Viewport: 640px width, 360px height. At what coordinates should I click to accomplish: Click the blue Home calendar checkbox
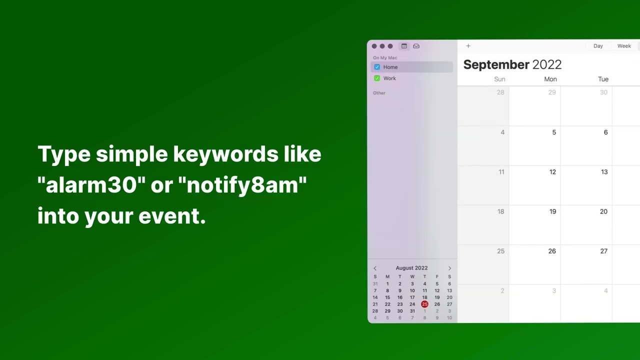pos(377,67)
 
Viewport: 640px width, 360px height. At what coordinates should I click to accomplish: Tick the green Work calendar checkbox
pos(377,78)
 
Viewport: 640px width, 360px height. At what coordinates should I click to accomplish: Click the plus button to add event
pos(468,46)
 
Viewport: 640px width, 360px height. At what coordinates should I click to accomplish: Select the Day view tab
pos(598,46)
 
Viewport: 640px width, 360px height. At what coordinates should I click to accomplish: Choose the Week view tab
pos(624,46)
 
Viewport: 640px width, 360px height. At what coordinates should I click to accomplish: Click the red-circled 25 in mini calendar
pos(424,304)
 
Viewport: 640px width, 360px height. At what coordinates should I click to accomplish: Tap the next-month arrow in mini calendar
pos(449,268)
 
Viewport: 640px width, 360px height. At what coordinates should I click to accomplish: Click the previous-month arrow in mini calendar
pos(375,268)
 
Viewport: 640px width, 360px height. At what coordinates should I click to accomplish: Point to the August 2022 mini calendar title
pos(411,268)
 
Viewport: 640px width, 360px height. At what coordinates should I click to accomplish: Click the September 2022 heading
pos(512,64)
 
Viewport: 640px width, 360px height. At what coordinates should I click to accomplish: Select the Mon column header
pos(550,79)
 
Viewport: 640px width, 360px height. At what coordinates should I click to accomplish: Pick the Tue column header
pos(603,79)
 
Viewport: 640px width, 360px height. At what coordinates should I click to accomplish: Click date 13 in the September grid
pos(604,172)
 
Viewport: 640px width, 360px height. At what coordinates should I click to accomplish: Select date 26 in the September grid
pos(552,251)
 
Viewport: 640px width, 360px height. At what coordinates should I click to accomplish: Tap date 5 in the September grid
pos(554,132)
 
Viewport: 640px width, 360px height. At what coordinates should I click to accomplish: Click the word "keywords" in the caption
pos(225,154)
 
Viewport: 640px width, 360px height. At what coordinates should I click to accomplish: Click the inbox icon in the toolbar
pos(416,46)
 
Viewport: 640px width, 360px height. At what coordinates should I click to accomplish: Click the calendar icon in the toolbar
pos(404,46)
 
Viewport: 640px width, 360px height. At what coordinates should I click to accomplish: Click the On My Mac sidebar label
pos(385,58)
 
